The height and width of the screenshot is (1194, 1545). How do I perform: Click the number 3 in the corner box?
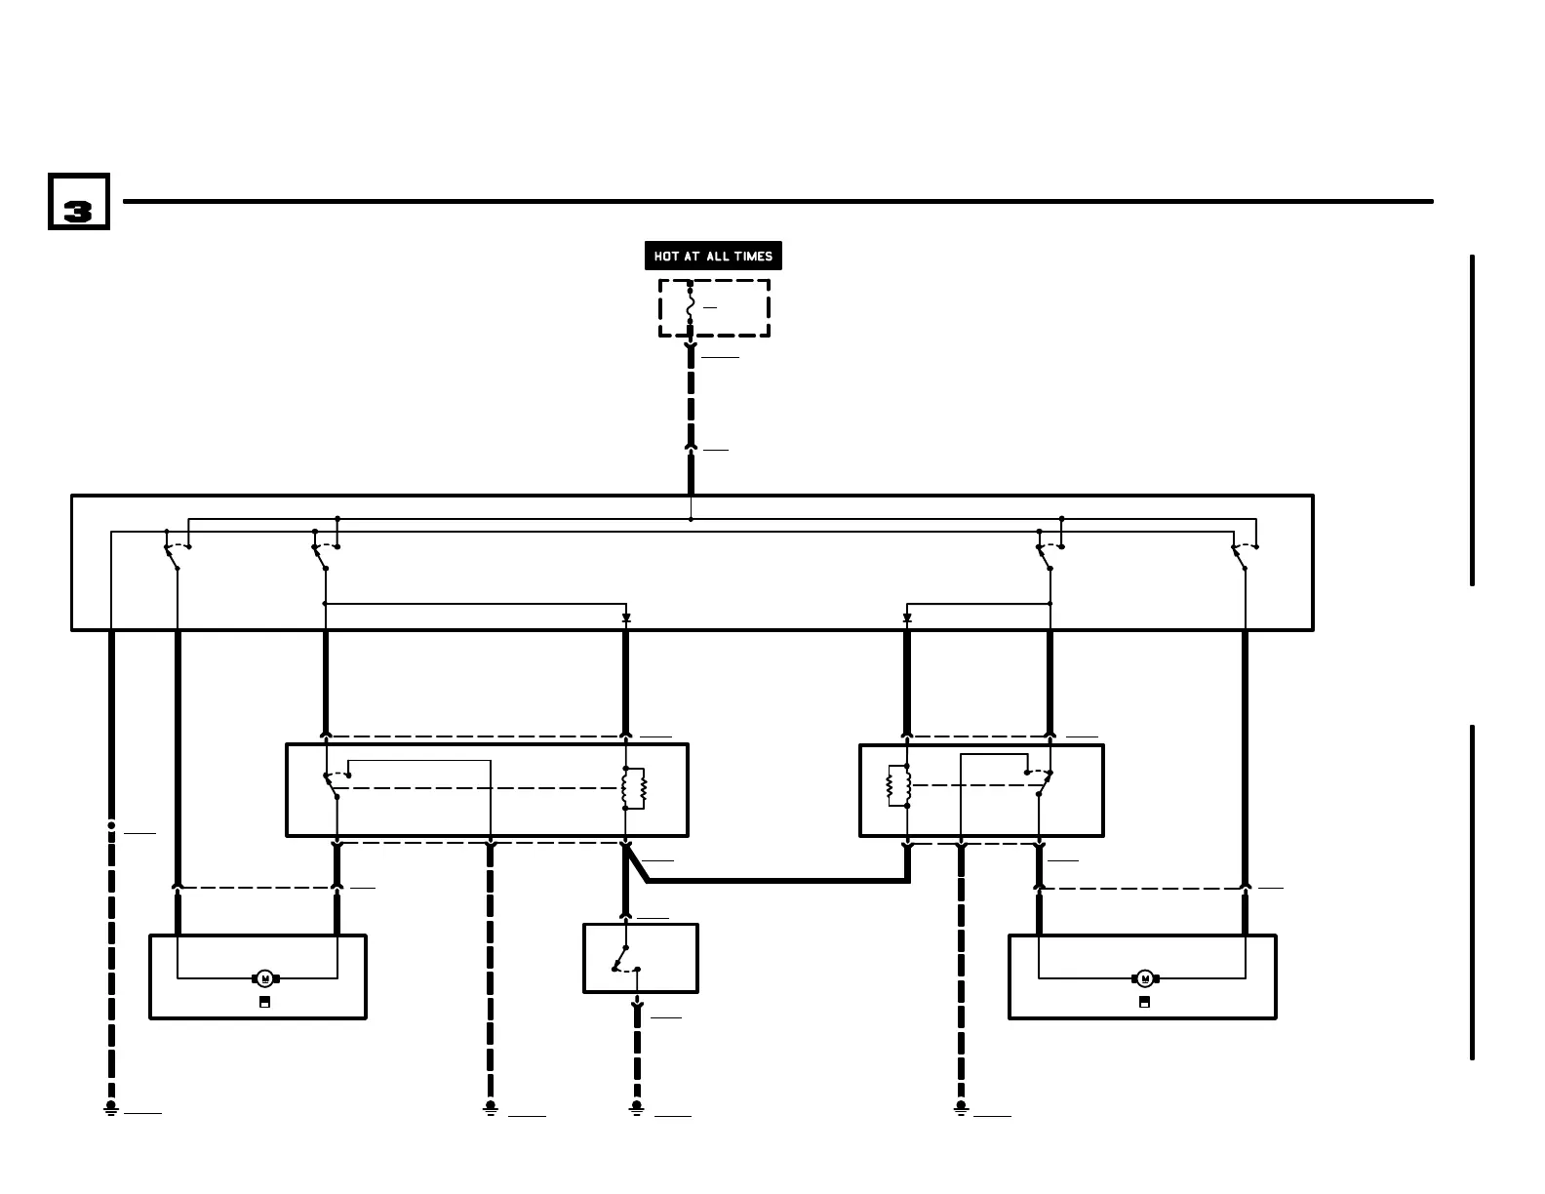[78, 211]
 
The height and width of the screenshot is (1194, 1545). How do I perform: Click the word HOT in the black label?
[666, 257]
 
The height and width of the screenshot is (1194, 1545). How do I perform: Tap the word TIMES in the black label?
[754, 257]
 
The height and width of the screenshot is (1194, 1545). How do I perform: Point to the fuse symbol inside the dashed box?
[691, 307]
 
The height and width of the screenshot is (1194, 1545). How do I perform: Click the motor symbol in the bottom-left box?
[265, 978]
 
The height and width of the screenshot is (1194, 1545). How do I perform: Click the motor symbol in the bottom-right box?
[1145, 978]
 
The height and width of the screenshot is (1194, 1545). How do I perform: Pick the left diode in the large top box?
[626, 617]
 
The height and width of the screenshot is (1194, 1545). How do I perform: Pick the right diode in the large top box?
[907, 617]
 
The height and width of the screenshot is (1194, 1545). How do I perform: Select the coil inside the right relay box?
[898, 785]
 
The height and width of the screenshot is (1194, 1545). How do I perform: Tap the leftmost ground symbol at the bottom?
[111, 1108]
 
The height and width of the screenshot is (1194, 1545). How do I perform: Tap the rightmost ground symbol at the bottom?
[961, 1108]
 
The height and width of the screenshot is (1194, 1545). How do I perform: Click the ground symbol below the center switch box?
[637, 1108]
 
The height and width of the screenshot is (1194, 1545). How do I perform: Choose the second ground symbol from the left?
[491, 1108]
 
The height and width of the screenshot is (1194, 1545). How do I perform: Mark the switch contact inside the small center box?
[622, 959]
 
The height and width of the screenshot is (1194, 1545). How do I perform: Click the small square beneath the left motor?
[264, 1002]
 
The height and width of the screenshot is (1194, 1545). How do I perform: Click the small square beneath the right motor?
[1144, 1002]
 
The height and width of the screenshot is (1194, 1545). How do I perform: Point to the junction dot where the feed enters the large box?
[691, 519]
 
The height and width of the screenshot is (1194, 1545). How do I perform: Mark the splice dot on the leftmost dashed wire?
[111, 825]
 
